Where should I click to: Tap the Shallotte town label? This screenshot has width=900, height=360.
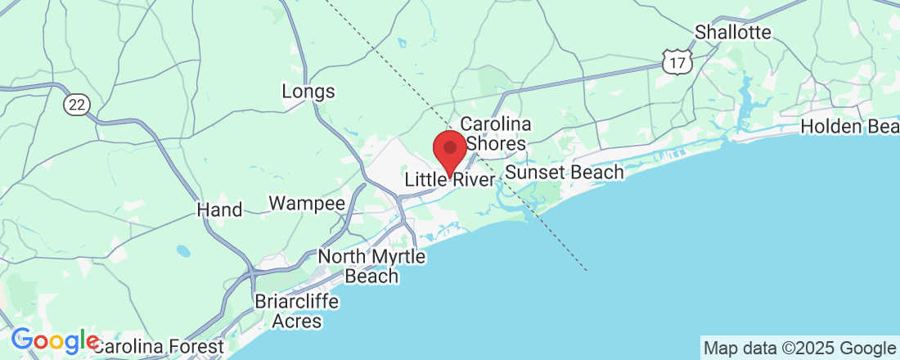coord(733,33)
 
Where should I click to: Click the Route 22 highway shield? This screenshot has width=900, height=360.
coord(77,103)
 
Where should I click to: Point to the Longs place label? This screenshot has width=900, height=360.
coord(308,91)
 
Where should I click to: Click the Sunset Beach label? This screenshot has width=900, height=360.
coord(565,173)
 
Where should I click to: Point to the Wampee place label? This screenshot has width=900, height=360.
coord(307,203)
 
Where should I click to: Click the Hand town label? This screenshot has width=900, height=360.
coord(220,210)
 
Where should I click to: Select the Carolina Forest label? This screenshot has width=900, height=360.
coord(159,347)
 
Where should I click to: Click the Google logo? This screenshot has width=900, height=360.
coord(54,340)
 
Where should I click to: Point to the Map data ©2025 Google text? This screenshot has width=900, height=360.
coord(799,348)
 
